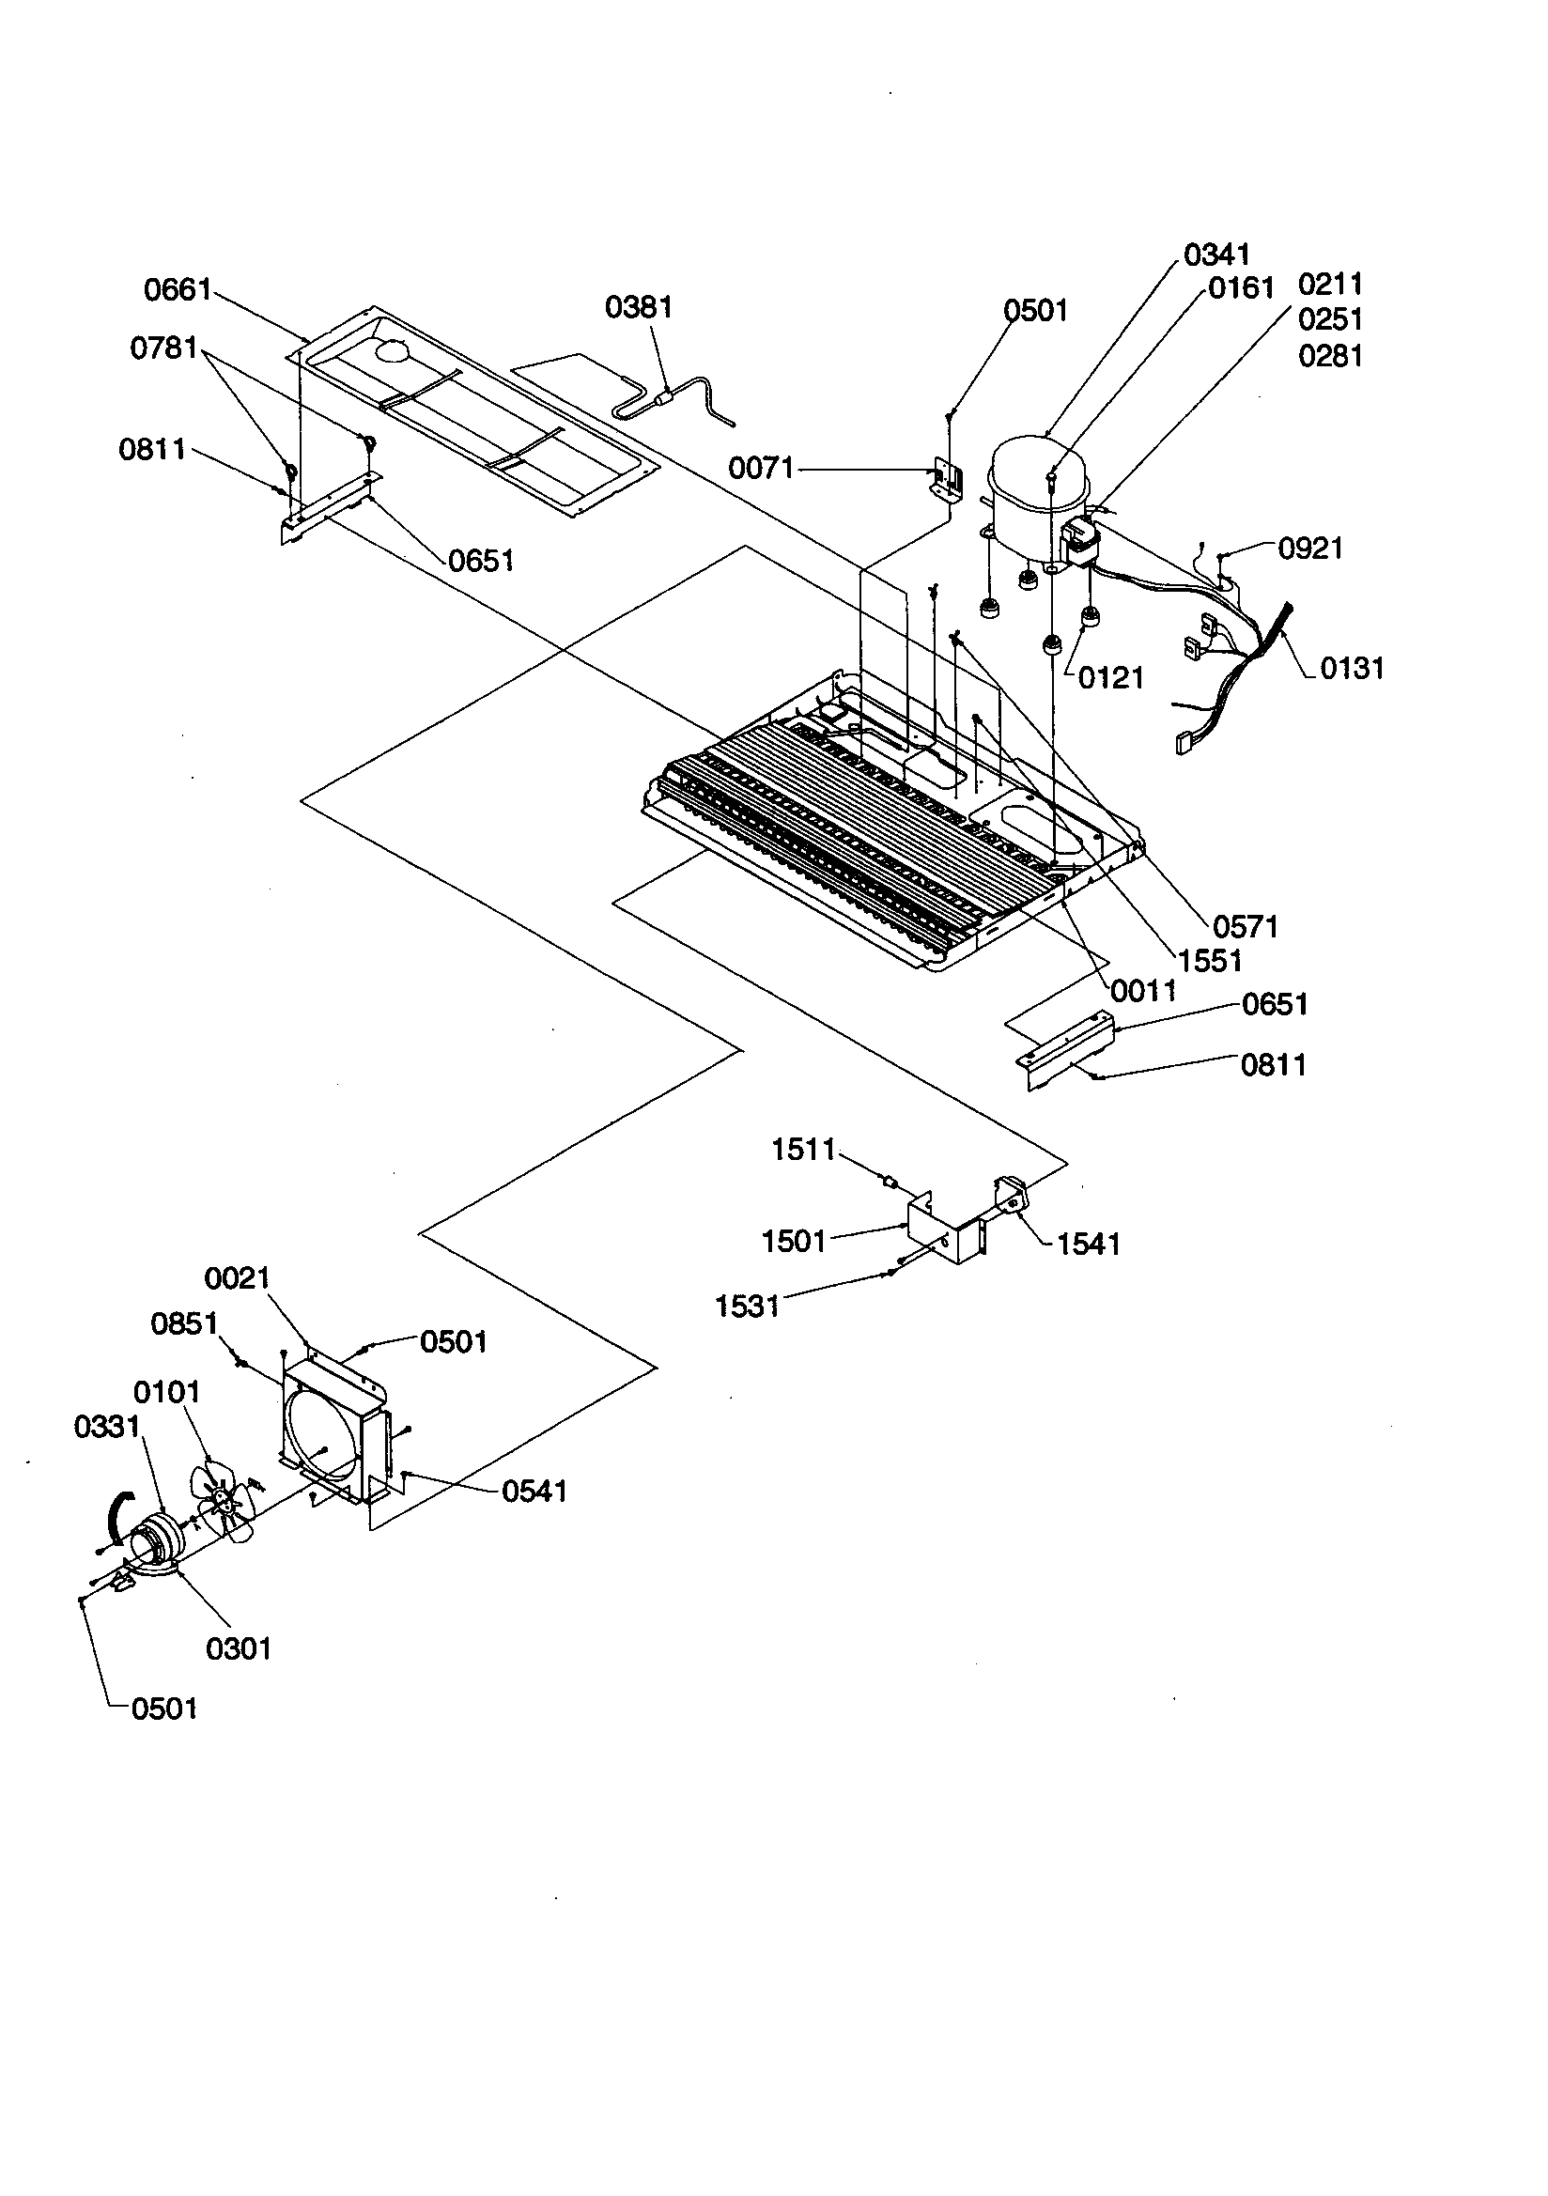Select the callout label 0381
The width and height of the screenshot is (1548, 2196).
(638, 307)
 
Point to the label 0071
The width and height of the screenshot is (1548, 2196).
(761, 468)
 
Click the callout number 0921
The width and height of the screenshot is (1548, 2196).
(1309, 548)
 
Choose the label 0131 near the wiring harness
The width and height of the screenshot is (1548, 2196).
(1351, 668)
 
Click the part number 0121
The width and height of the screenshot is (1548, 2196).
(1110, 677)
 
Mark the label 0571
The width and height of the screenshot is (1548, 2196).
(1245, 926)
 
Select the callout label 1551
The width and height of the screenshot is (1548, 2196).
(1209, 960)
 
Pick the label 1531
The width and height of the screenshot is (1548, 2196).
(747, 1306)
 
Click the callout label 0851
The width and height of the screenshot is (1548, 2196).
(184, 1323)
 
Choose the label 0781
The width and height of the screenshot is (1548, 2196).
(163, 348)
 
